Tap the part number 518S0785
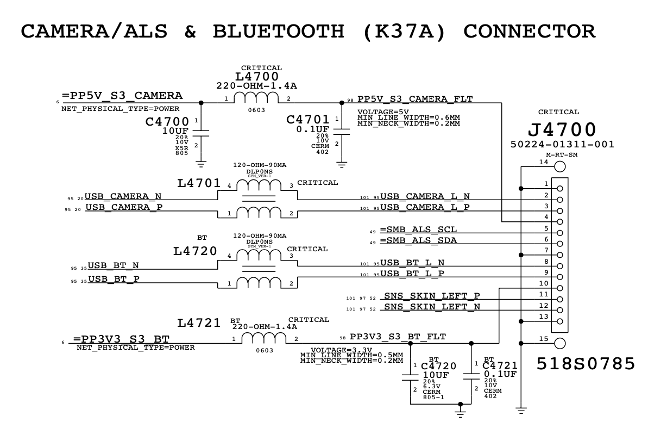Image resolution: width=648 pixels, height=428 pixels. pyautogui.click(x=586, y=364)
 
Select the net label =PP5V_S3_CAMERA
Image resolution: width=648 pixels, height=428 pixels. pyautogui.click(x=122, y=96)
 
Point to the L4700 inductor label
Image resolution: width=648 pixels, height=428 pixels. pyautogui.click(x=257, y=77)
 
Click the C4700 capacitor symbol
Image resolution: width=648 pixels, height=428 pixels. pyautogui.click(x=201, y=132)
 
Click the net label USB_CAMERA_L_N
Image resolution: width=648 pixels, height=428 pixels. pyautogui.click(x=425, y=196)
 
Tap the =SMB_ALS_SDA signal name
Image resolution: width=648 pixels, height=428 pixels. pyautogui.click(x=418, y=240)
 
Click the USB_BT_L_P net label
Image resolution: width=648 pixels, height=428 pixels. pyautogui.click(x=412, y=274)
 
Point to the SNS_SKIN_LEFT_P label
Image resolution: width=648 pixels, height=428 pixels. pyautogui.click(x=432, y=296)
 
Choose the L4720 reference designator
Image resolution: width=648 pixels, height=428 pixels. pyautogui.click(x=196, y=251)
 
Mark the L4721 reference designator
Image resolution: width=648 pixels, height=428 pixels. pyautogui.click(x=198, y=323)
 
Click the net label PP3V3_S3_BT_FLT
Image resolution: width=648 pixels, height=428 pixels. pyautogui.click(x=398, y=337)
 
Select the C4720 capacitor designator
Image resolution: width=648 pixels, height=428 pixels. pyautogui.click(x=438, y=366)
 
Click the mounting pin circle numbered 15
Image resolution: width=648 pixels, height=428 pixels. pyautogui.click(x=559, y=343)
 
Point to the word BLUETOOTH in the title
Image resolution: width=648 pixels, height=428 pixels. pyautogui.click(x=279, y=31)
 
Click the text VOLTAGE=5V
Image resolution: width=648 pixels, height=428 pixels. pyautogui.click(x=383, y=112)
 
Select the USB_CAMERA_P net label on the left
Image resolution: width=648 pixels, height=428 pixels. pyautogui.click(x=124, y=207)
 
